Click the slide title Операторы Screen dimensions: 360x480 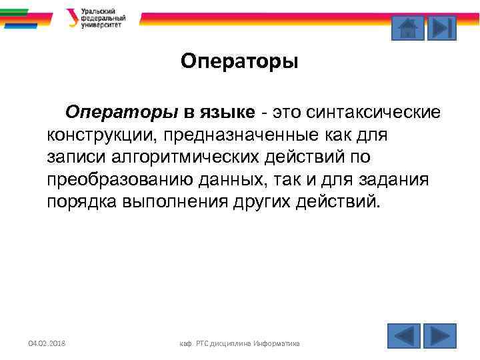[239, 62]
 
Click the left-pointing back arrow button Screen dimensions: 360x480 [404, 335]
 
